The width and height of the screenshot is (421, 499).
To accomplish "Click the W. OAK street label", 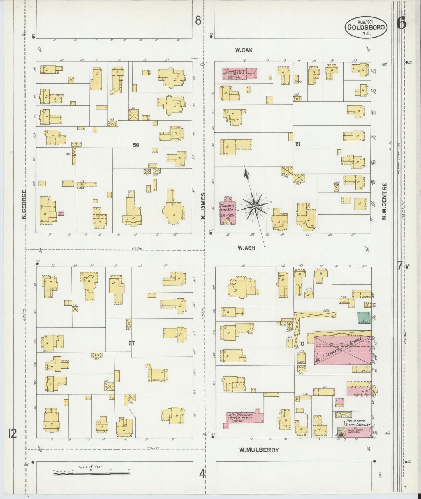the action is pos(244,50).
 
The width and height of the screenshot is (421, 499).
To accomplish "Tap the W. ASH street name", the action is pos(246,248).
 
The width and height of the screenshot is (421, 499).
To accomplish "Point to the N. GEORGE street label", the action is pos(24,204).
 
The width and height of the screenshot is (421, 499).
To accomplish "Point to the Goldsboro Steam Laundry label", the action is pos(358,423).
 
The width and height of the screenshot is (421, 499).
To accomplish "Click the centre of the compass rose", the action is pos(255,206).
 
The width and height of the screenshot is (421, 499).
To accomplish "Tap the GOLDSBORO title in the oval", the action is pos(366,27).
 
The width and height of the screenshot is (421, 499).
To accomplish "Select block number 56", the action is pos(136,145).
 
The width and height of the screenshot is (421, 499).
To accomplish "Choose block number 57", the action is pos(132,344).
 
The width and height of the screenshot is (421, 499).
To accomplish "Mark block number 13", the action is pos(297,144).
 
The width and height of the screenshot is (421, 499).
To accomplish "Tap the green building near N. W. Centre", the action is pos(364,318).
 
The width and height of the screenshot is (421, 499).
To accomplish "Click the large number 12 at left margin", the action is pos(13,434).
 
